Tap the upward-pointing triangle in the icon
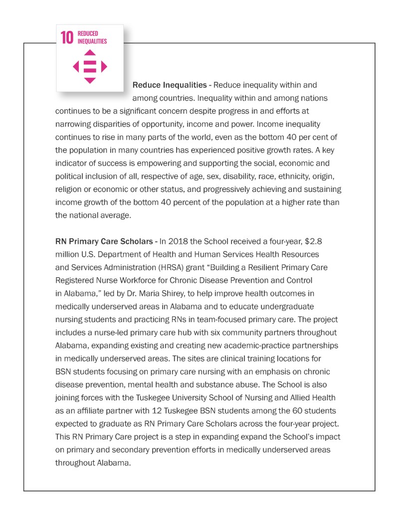(90, 52)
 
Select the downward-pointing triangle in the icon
(90, 80)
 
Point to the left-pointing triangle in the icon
(76, 66)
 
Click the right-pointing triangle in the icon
(104, 66)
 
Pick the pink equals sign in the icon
(90, 66)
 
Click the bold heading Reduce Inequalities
(169, 85)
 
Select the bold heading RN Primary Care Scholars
(103, 241)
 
